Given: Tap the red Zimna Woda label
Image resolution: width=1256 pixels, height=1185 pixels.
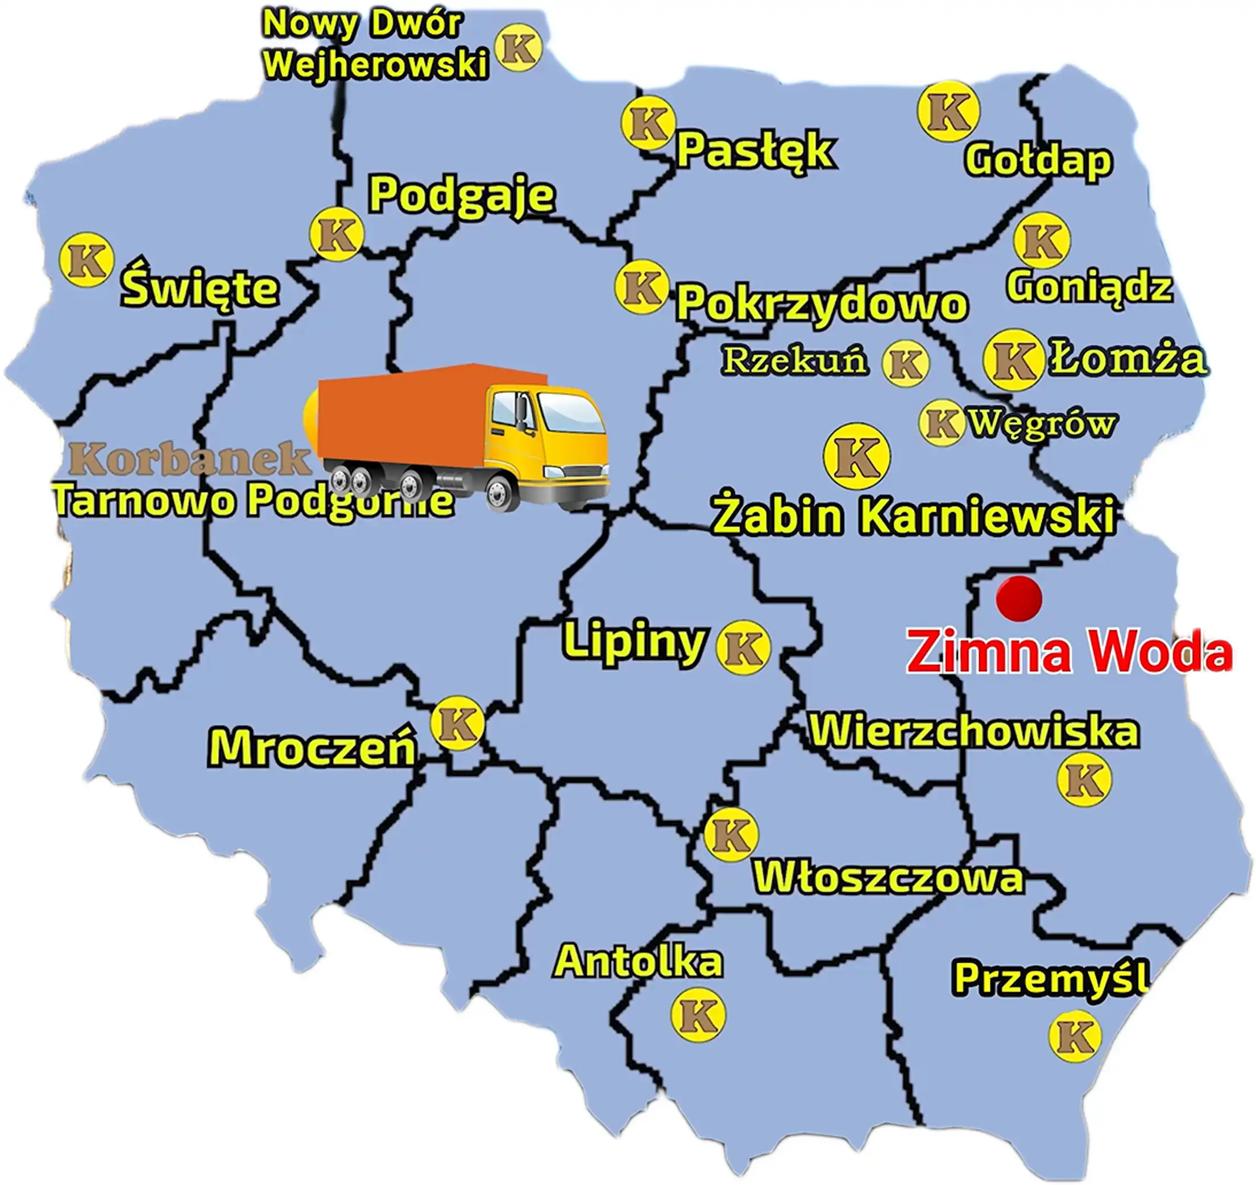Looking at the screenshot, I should click(x=1069, y=652).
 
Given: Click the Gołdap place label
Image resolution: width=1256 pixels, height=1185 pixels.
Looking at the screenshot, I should click(x=1038, y=160).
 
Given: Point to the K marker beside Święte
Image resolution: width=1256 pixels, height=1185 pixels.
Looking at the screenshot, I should click(x=86, y=260).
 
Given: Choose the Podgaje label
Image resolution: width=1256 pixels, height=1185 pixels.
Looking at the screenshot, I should click(x=462, y=194).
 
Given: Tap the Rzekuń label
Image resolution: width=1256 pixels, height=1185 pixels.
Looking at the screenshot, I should click(x=795, y=361).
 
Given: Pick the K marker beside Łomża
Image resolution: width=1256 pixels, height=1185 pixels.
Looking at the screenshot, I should click(x=1013, y=359).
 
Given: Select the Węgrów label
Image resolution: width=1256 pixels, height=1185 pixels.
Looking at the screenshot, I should click(x=1042, y=423).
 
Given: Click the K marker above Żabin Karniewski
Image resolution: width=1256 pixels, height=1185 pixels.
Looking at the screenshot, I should click(x=857, y=456).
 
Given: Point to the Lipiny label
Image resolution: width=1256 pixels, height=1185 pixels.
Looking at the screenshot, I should click(x=634, y=641).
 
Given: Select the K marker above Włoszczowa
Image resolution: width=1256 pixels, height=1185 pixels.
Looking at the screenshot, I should click(x=731, y=834).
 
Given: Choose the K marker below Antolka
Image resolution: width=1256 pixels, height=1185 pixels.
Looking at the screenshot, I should click(x=698, y=1015).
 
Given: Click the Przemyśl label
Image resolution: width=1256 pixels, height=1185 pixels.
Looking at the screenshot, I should click(x=1050, y=979).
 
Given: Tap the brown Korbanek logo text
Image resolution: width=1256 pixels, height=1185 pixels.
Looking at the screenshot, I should click(x=189, y=459).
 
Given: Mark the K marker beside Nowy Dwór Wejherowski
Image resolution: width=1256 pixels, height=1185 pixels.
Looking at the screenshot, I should click(x=519, y=48).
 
